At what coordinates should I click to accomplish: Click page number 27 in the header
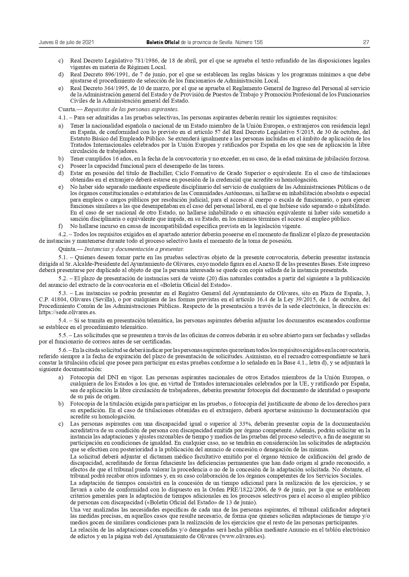coord(366,42)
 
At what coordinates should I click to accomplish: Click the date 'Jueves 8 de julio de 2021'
coord(67,42)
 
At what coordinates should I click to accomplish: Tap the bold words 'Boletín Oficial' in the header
coord(163,42)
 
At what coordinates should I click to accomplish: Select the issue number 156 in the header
coord(258,42)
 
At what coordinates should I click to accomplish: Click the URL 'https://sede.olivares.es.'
coord(67,312)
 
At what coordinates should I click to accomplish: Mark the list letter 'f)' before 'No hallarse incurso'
coord(61,226)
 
